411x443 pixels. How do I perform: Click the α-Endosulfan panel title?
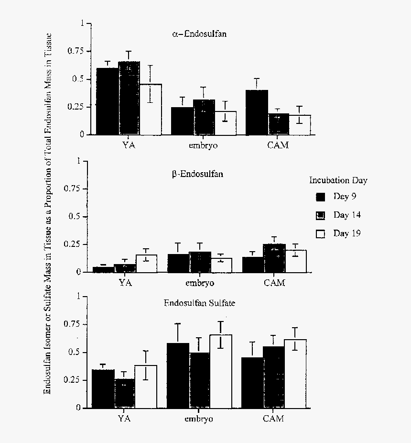(199, 34)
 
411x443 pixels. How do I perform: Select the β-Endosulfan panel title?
(197, 174)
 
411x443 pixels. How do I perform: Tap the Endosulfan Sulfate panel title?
(199, 303)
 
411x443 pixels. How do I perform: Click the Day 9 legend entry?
(336, 196)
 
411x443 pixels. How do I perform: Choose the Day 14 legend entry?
(338, 215)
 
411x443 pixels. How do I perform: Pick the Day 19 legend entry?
(338, 233)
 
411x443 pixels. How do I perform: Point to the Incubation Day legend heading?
(338, 180)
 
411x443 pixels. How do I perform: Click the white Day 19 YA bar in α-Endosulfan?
(151, 110)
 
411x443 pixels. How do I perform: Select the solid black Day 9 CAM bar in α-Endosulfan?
(257, 112)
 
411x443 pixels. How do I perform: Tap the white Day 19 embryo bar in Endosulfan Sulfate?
(221, 371)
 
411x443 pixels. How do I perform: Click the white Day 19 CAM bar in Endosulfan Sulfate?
(295, 374)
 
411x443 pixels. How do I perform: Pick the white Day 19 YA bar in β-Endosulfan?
(146, 264)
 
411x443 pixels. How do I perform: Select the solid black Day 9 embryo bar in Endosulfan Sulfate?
(178, 376)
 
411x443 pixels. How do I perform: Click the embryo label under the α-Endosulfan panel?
(203, 145)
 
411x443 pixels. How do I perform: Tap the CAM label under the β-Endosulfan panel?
(274, 283)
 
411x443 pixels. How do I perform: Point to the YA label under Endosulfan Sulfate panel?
(124, 419)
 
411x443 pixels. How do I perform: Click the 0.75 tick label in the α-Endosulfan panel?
(76, 51)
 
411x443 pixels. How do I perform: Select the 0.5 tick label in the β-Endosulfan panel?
(75, 216)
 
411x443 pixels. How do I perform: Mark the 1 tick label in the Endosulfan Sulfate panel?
(78, 296)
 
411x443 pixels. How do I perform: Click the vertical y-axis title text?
(48, 213)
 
